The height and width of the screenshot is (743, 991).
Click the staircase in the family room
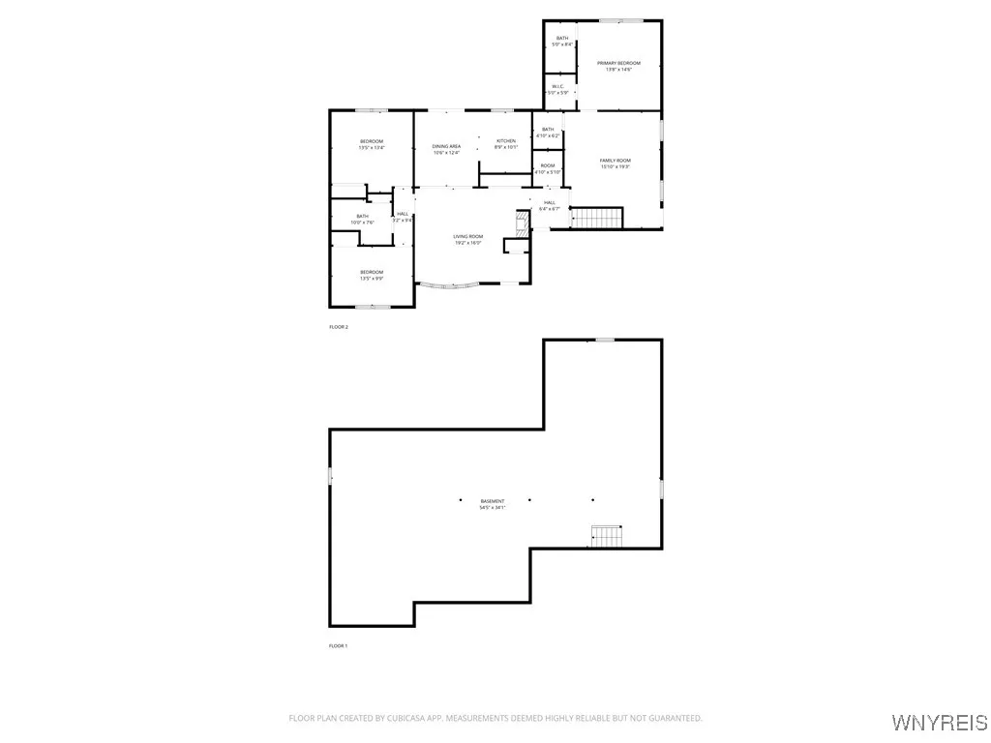[x=594, y=218]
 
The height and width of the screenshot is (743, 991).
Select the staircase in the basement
[x=606, y=535]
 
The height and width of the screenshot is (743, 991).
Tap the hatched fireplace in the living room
[x=521, y=225]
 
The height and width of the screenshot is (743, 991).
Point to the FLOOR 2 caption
[x=338, y=327]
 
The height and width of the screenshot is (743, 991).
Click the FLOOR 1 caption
[x=338, y=645]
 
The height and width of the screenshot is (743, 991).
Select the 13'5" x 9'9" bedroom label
[x=372, y=275]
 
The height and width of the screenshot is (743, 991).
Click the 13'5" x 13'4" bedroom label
[x=372, y=145]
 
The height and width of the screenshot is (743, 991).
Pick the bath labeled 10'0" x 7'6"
[x=362, y=220]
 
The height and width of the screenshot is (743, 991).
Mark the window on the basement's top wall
[x=605, y=340]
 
